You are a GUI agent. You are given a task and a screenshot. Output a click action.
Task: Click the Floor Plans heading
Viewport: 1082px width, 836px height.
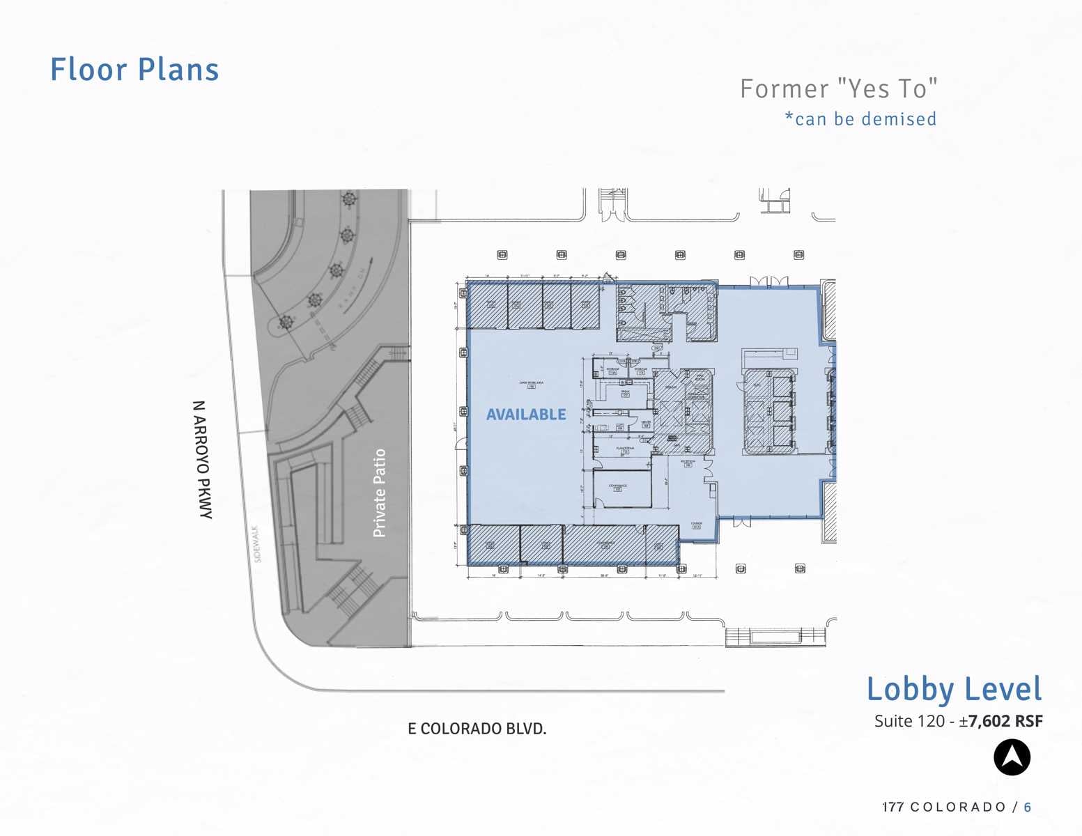[x=134, y=70]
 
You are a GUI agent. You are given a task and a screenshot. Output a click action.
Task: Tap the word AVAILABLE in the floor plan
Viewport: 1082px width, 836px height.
[x=526, y=415]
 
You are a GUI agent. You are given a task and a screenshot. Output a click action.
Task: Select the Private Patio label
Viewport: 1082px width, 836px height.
[x=380, y=493]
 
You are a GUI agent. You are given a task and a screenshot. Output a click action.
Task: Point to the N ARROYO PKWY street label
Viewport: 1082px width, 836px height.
[x=202, y=459]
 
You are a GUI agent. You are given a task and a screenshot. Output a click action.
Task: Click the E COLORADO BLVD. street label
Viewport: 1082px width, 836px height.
[x=477, y=729]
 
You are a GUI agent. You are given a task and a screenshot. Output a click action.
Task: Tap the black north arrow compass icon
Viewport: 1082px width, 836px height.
[x=1012, y=757]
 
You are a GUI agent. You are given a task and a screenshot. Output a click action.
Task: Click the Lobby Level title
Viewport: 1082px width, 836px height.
[x=954, y=689]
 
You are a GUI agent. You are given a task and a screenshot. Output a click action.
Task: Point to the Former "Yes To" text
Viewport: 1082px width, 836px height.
[x=838, y=89]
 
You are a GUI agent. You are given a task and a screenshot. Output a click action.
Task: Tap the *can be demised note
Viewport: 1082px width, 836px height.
[x=860, y=119]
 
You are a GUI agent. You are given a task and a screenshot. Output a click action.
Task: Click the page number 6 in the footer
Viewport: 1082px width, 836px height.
[x=1028, y=807]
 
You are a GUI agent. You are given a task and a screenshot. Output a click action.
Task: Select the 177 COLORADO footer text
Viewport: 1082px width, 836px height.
[x=944, y=807]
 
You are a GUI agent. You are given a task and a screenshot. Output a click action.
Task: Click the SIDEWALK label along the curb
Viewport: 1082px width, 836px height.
[x=257, y=543]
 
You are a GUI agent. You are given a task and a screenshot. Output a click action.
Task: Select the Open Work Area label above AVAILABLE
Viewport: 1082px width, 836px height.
[x=532, y=384]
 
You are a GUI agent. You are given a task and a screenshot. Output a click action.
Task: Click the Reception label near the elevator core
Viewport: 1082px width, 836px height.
[x=688, y=463]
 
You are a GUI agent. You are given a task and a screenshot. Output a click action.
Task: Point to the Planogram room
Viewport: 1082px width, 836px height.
[x=625, y=450]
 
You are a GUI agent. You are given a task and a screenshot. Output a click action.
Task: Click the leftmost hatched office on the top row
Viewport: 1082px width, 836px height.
[x=488, y=305]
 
